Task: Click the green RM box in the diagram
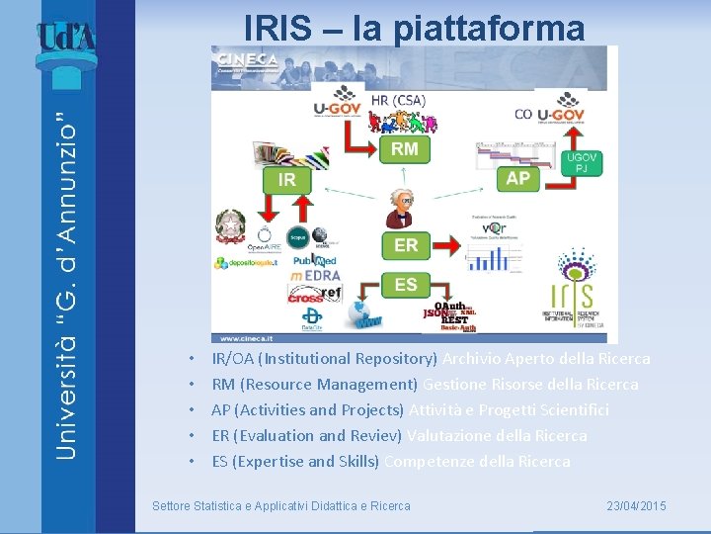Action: pos(405,148)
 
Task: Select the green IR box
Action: pos(286,180)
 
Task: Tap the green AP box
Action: pos(517,178)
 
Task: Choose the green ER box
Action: pos(406,244)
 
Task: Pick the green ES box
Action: pos(406,285)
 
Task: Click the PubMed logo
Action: pos(315,258)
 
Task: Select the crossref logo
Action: pos(315,295)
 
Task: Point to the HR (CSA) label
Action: pos(399,100)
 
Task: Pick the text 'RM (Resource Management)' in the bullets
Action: pos(315,384)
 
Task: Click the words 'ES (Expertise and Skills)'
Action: pos(295,461)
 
